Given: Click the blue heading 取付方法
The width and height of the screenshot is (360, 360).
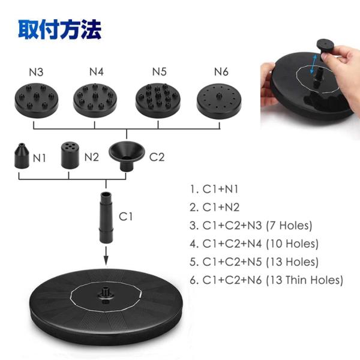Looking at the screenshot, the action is tap(59, 29).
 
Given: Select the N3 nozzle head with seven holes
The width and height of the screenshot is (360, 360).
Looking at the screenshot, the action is tap(36, 100).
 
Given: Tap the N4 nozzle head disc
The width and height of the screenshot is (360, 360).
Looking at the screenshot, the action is tap(95, 100).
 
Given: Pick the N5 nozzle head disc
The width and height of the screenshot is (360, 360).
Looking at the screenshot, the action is tap(158, 100).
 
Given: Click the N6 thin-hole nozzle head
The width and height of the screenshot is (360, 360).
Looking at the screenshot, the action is tap(219, 101).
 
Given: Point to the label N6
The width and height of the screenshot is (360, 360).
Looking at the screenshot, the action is tap(221, 72).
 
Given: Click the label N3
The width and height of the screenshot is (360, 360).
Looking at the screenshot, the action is tap(36, 72).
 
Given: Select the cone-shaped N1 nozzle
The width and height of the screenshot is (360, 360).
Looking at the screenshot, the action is tap(22, 156).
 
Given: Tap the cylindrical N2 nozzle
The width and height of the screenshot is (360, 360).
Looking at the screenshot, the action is tap(70, 155).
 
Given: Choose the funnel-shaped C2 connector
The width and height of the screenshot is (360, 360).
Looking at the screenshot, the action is tap(127, 157).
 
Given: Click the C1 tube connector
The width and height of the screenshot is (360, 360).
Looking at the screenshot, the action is tap(106, 218).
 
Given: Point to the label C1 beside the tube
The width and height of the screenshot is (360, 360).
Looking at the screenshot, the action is tap(126, 217).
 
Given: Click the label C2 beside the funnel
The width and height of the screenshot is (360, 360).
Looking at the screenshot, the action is tap(157, 157).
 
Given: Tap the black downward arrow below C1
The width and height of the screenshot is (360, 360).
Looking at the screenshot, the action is tap(106, 256).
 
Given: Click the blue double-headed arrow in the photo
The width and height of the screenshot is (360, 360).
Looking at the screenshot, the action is tap(313, 64).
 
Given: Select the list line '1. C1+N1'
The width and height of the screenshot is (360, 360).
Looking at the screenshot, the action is tap(214, 189).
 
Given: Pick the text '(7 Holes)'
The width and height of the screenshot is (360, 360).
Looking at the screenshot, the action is tap(289, 226).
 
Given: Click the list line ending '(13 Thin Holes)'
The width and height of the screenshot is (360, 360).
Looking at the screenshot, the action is tap(266, 280).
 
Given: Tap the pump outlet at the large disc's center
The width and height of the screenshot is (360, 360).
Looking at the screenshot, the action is tap(106, 293).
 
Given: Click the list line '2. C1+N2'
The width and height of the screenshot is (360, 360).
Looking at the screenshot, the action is tap(215, 208).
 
